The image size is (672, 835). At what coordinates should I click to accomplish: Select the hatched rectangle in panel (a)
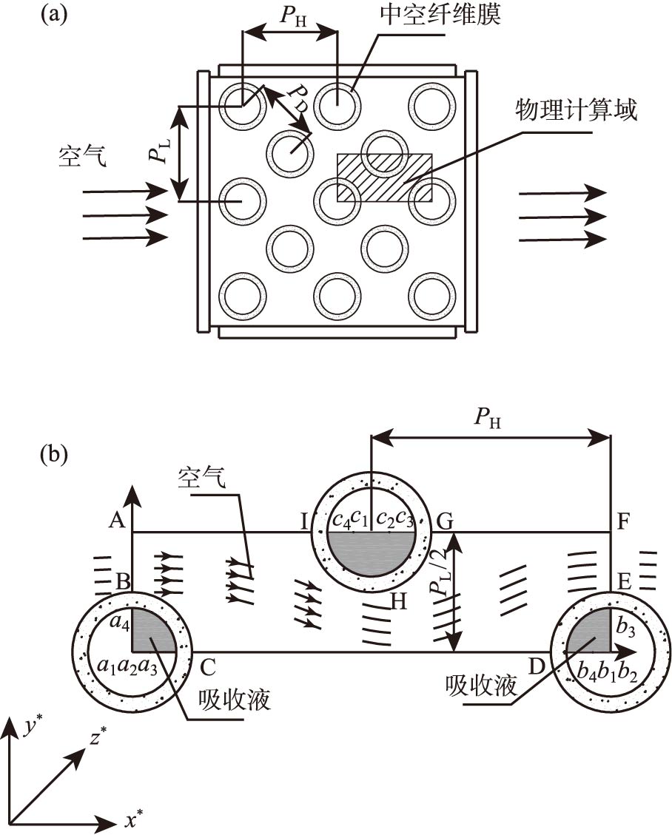384,178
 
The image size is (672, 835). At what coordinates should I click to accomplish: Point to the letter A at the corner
115,521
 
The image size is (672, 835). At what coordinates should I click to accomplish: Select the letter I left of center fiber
303,521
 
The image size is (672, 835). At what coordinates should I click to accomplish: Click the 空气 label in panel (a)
82,156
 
